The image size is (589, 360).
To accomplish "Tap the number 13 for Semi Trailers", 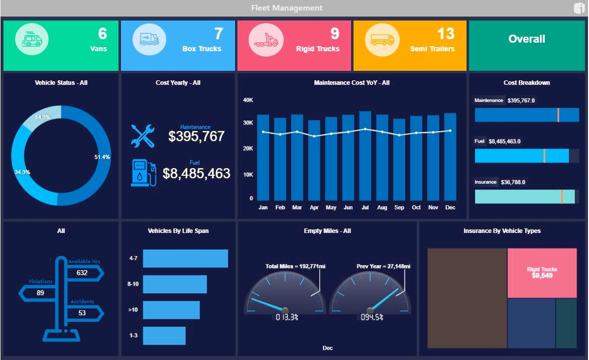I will click(x=445, y=34).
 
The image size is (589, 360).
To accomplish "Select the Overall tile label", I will click(x=526, y=39).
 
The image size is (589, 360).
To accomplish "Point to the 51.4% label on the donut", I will click(x=102, y=157).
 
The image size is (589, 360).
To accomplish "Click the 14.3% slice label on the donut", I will click(x=43, y=117).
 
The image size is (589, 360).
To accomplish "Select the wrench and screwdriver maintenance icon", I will click(x=143, y=136).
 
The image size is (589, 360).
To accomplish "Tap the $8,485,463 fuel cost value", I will click(x=196, y=174).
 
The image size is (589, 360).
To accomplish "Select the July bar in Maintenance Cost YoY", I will click(x=365, y=156).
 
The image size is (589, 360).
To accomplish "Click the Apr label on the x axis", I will click(x=314, y=208).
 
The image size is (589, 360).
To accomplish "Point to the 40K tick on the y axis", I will click(x=248, y=100).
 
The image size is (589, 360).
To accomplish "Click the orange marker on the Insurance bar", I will click(x=561, y=196).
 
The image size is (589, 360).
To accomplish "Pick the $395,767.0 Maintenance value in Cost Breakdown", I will click(x=521, y=100).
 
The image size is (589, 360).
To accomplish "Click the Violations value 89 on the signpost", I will click(x=41, y=293).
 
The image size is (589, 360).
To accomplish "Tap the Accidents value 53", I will click(x=82, y=313).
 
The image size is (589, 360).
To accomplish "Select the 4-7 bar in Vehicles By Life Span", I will click(x=185, y=259).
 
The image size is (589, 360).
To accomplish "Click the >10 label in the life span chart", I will click(x=133, y=310).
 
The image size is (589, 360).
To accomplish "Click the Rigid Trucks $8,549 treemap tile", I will click(x=542, y=273).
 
